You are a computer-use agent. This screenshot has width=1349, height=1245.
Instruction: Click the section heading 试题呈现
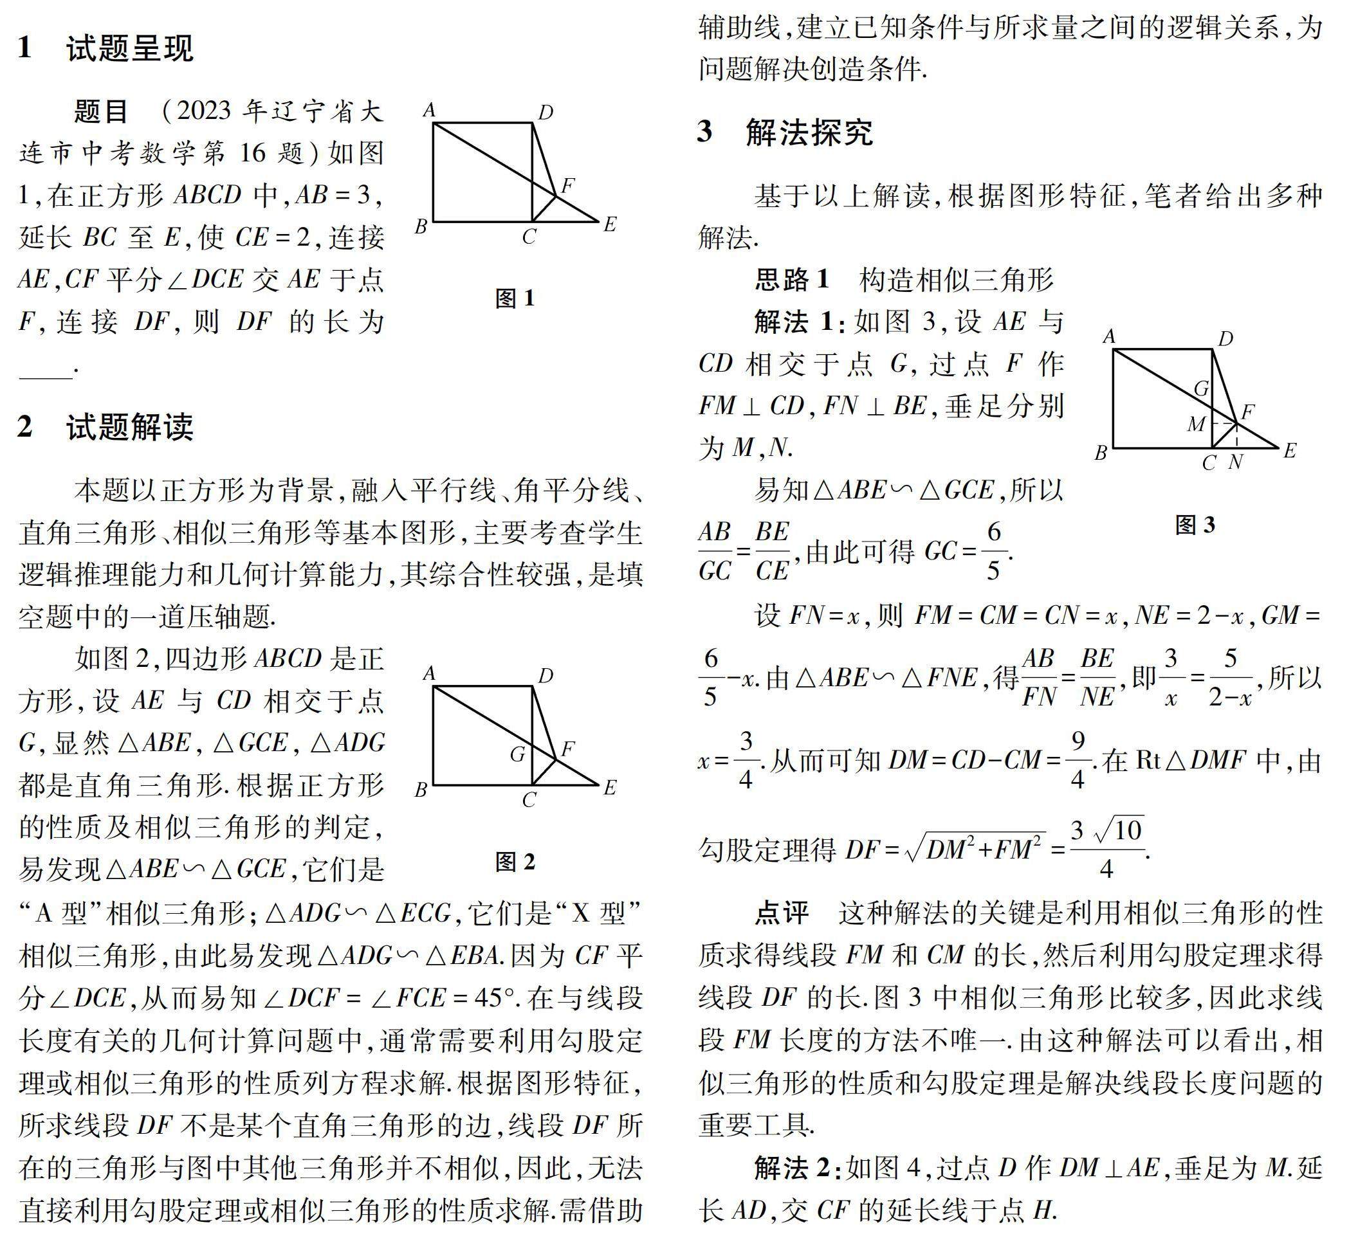pyautogui.click(x=129, y=48)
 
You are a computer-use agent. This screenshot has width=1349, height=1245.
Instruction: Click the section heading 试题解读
pyautogui.click(x=129, y=427)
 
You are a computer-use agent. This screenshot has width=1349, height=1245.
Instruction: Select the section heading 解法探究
pyautogui.click(x=809, y=132)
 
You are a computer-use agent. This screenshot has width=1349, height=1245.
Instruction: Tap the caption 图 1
pyautogui.click(x=515, y=298)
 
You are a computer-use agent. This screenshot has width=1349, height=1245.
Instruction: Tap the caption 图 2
pyautogui.click(x=515, y=861)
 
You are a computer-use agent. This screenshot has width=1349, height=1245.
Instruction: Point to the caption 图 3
pyautogui.click(x=1195, y=525)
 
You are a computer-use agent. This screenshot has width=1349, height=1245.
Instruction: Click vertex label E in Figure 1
pyautogui.click(x=610, y=224)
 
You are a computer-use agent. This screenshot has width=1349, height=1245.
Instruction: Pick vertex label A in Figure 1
pyautogui.click(x=429, y=110)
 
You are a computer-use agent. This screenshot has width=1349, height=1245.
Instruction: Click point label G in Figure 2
pyautogui.click(x=517, y=754)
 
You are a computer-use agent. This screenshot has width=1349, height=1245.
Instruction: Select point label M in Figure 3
pyautogui.click(x=1196, y=424)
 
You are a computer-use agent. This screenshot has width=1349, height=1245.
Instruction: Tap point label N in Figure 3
pyautogui.click(x=1235, y=462)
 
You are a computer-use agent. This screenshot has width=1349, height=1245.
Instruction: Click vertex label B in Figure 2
pyautogui.click(x=421, y=789)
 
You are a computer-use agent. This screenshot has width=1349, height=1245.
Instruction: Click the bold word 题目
pyautogui.click(x=101, y=112)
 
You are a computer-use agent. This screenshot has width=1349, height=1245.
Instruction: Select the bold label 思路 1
pyautogui.click(x=792, y=279)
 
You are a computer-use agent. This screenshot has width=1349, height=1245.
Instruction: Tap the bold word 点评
pyautogui.click(x=782, y=913)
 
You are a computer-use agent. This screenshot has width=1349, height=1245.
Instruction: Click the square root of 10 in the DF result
pyautogui.click(x=1119, y=830)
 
